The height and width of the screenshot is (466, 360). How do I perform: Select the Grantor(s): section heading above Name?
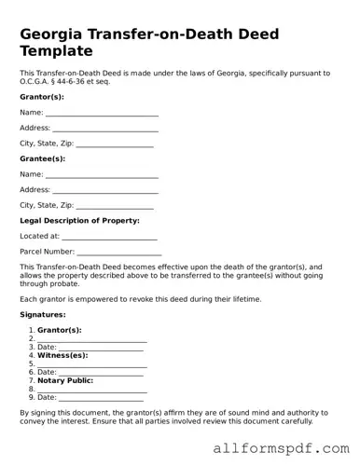(x=42, y=97)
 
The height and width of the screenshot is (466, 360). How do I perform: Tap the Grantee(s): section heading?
(x=42, y=158)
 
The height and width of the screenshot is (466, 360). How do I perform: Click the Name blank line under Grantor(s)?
(x=102, y=113)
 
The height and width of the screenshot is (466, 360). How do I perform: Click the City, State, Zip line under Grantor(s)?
(x=114, y=144)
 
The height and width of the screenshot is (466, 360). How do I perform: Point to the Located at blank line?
(x=109, y=236)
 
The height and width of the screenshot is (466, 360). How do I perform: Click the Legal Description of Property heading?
(x=79, y=221)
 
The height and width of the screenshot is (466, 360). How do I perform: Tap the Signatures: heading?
(x=43, y=315)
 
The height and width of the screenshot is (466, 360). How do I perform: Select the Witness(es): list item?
(x=62, y=355)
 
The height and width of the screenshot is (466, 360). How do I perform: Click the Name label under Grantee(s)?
(x=31, y=174)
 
